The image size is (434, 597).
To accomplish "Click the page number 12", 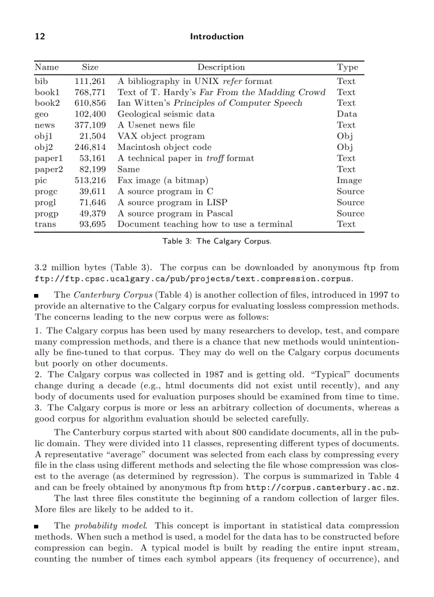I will pos(39,37).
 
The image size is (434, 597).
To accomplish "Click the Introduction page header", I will pos(216,37).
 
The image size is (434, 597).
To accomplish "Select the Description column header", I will pos(221,68).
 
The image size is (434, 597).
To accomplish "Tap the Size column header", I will pos(90,68).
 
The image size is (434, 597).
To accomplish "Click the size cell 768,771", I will pos(90,93).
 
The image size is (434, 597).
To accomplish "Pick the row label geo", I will pos(41,114).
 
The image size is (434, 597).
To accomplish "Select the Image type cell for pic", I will pos(349,181).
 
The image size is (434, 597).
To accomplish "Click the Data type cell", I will pos(347,114).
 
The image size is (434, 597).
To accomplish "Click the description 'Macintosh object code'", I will pos(164,148).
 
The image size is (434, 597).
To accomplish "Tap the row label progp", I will pos(46,214).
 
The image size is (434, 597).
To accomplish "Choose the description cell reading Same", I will pos(128,170).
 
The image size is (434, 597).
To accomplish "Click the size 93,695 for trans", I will pos(93,224).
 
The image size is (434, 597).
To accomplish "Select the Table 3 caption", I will pos(216,241).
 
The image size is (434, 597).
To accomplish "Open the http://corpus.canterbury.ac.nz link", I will pos(322,487).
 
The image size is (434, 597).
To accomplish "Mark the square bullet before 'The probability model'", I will pos(37,526).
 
